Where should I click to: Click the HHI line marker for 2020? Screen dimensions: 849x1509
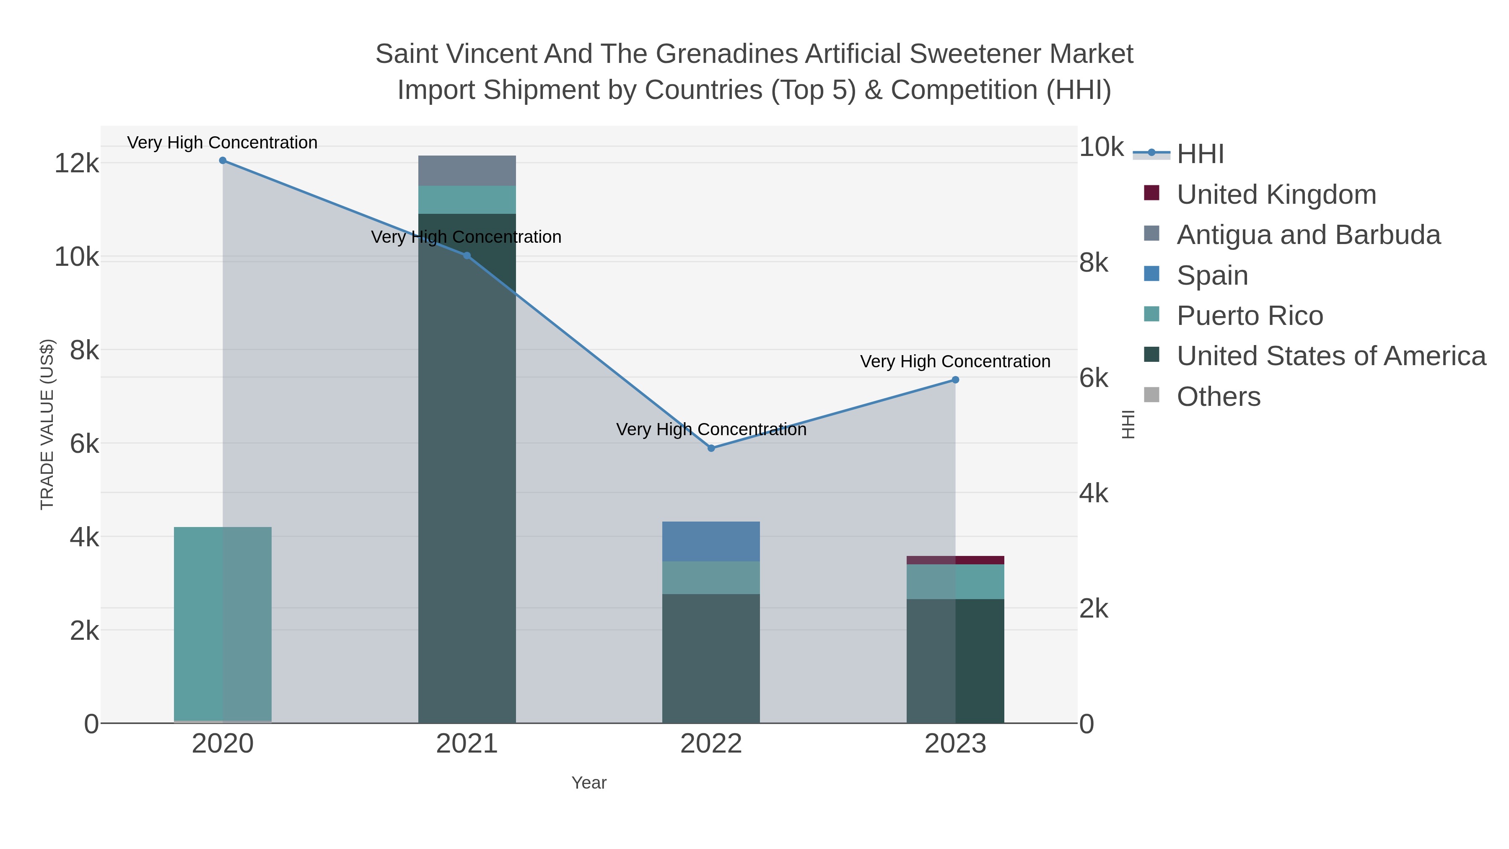[x=223, y=161]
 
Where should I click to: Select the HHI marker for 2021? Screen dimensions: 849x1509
[x=467, y=255]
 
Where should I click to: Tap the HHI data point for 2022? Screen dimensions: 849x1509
[x=711, y=448]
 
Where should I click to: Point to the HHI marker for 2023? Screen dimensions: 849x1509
[x=955, y=380]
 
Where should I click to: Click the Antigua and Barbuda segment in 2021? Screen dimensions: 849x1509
[x=467, y=171]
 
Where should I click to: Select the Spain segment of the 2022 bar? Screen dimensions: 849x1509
[x=711, y=541]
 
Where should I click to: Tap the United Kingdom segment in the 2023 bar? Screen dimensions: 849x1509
[x=955, y=560]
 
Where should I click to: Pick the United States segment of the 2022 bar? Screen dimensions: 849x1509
[x=711, y=659]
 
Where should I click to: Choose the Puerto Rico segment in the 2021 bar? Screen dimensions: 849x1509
[x=467, y=200]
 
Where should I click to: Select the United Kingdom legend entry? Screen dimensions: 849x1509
[x=1276, y=195]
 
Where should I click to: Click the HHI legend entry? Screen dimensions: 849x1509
[x=1200, y=154]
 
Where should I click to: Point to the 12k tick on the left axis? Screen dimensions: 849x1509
[x=77, y=163]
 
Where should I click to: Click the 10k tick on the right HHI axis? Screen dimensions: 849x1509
[x=1101, y=147]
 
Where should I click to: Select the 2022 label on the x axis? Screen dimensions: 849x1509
[x=711, y=743]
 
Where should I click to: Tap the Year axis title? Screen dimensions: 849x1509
[x=589, y=783]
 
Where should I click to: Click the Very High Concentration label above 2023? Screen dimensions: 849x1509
[x=955, y=361]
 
